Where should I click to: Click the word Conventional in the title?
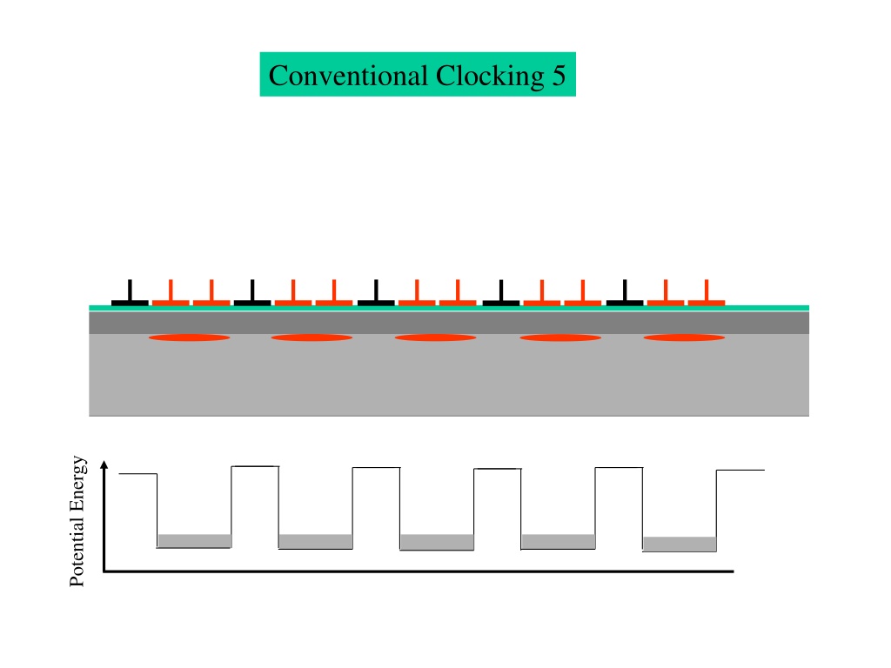348,75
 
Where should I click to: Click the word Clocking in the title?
490,77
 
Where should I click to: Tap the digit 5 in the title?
559,76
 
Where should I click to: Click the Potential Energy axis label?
77,521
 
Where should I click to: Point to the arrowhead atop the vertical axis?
104,464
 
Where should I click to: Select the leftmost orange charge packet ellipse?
189,337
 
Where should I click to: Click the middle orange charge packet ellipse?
435,337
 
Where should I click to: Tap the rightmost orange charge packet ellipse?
684,337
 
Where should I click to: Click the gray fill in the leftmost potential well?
194,541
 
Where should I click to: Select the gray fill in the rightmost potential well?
680,544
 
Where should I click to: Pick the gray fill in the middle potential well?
437,542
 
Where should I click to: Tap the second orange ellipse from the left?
312,337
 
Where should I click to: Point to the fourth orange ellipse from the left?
560,337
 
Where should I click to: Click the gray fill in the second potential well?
315,541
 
